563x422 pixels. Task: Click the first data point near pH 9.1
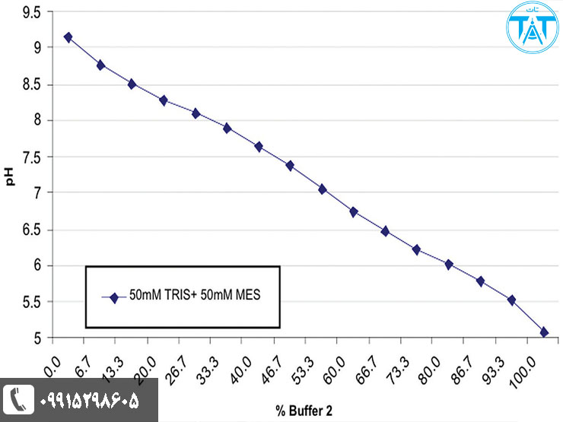[x=68, y=36]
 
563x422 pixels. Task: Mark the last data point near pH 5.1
[x=544, y=332]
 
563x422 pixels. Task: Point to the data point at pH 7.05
[x=322, y=189]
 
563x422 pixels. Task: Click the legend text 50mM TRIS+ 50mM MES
[x=195, y=297]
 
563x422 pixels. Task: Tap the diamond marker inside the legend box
[x=114, y=297]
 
